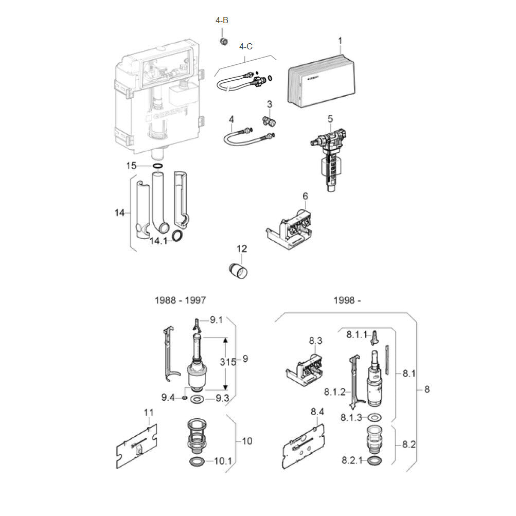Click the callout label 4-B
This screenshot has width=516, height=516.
click(222, 21)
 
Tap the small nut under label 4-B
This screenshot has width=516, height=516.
click(224, 42)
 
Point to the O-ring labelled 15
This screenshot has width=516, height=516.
click(158, 166)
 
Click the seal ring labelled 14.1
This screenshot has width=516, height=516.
click(177, 236)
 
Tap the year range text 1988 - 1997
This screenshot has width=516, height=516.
click(181, 300)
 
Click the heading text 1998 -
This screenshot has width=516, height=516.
click(347, 300)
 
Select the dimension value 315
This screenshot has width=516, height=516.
click(228, 362)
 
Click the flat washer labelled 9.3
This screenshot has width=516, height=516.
click(198, 399)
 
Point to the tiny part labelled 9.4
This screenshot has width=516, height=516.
click(185, 398)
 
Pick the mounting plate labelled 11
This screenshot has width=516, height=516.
click(136, 446)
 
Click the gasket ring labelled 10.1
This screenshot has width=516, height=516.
click(197, 461)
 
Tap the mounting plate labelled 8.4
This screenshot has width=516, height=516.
click(304, 446)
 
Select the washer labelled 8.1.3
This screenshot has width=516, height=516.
click(374, 418)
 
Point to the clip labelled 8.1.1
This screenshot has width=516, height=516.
click(375, 337)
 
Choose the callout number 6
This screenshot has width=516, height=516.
click(305, 196)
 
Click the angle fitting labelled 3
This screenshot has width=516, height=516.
click(269, 121)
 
